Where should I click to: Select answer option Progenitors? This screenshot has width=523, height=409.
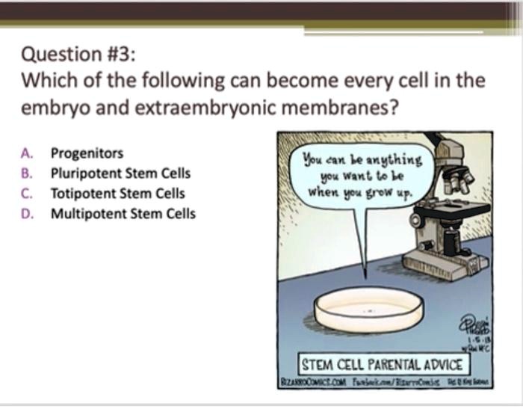tap(87, 153)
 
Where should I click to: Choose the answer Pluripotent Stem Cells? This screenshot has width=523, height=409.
tap(120, 173)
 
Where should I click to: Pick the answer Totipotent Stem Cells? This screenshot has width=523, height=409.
tap(117, 193)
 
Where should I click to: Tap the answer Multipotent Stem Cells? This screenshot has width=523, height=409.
tap(123, 213)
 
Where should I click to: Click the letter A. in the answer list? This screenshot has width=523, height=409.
tap(27, 153)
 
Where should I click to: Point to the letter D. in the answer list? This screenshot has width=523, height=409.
tap(27, 213)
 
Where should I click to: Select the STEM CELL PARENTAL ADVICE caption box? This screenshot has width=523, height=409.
tap(381, 365)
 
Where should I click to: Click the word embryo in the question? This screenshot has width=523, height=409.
tap(52, 108)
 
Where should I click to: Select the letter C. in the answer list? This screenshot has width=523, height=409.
tap(27, 193)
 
